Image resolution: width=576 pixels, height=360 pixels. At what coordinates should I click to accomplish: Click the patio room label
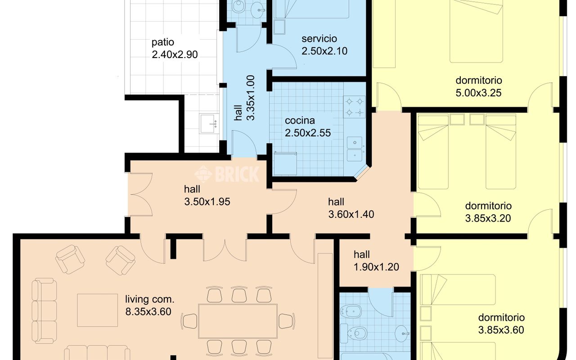[x=162, y=42]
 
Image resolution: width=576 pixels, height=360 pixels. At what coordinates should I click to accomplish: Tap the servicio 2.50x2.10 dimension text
[x=324, y=51]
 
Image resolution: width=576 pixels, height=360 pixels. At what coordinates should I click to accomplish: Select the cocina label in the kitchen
[x=300, y=120]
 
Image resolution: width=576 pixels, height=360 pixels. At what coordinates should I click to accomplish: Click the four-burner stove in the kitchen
[x=354, y=107]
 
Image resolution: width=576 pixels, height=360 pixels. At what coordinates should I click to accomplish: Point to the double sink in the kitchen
[x=355, y=149]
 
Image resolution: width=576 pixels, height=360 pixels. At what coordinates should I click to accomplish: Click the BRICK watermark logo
[x=227, y=174]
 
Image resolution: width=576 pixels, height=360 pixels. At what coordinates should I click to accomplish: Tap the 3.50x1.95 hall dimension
[x=207, y=202]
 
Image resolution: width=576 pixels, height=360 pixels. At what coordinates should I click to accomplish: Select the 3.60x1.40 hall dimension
[x=351, y=214]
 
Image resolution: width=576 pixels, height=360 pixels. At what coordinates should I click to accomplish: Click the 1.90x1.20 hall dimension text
[x=376, y=267]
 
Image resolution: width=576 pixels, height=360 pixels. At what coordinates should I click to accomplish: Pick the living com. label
[x=150, y=299]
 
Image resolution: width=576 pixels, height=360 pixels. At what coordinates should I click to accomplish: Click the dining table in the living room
[x=238, y=321]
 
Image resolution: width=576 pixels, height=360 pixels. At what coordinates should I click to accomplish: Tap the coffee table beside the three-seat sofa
[x=98, y=310]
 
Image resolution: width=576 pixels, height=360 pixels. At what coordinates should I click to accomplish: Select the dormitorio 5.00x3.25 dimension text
[x=478, y=93]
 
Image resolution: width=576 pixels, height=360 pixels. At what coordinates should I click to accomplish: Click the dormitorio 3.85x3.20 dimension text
[x=488, y=218]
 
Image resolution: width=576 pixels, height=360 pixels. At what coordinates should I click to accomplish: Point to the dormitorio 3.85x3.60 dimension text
[x=501, y=330]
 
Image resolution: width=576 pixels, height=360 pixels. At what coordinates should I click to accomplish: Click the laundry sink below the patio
[x=209, y=124]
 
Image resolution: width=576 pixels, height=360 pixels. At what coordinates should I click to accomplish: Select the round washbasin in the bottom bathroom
[x=402, y=333]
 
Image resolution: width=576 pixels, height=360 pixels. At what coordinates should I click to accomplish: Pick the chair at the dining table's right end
[x=287, y=321]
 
